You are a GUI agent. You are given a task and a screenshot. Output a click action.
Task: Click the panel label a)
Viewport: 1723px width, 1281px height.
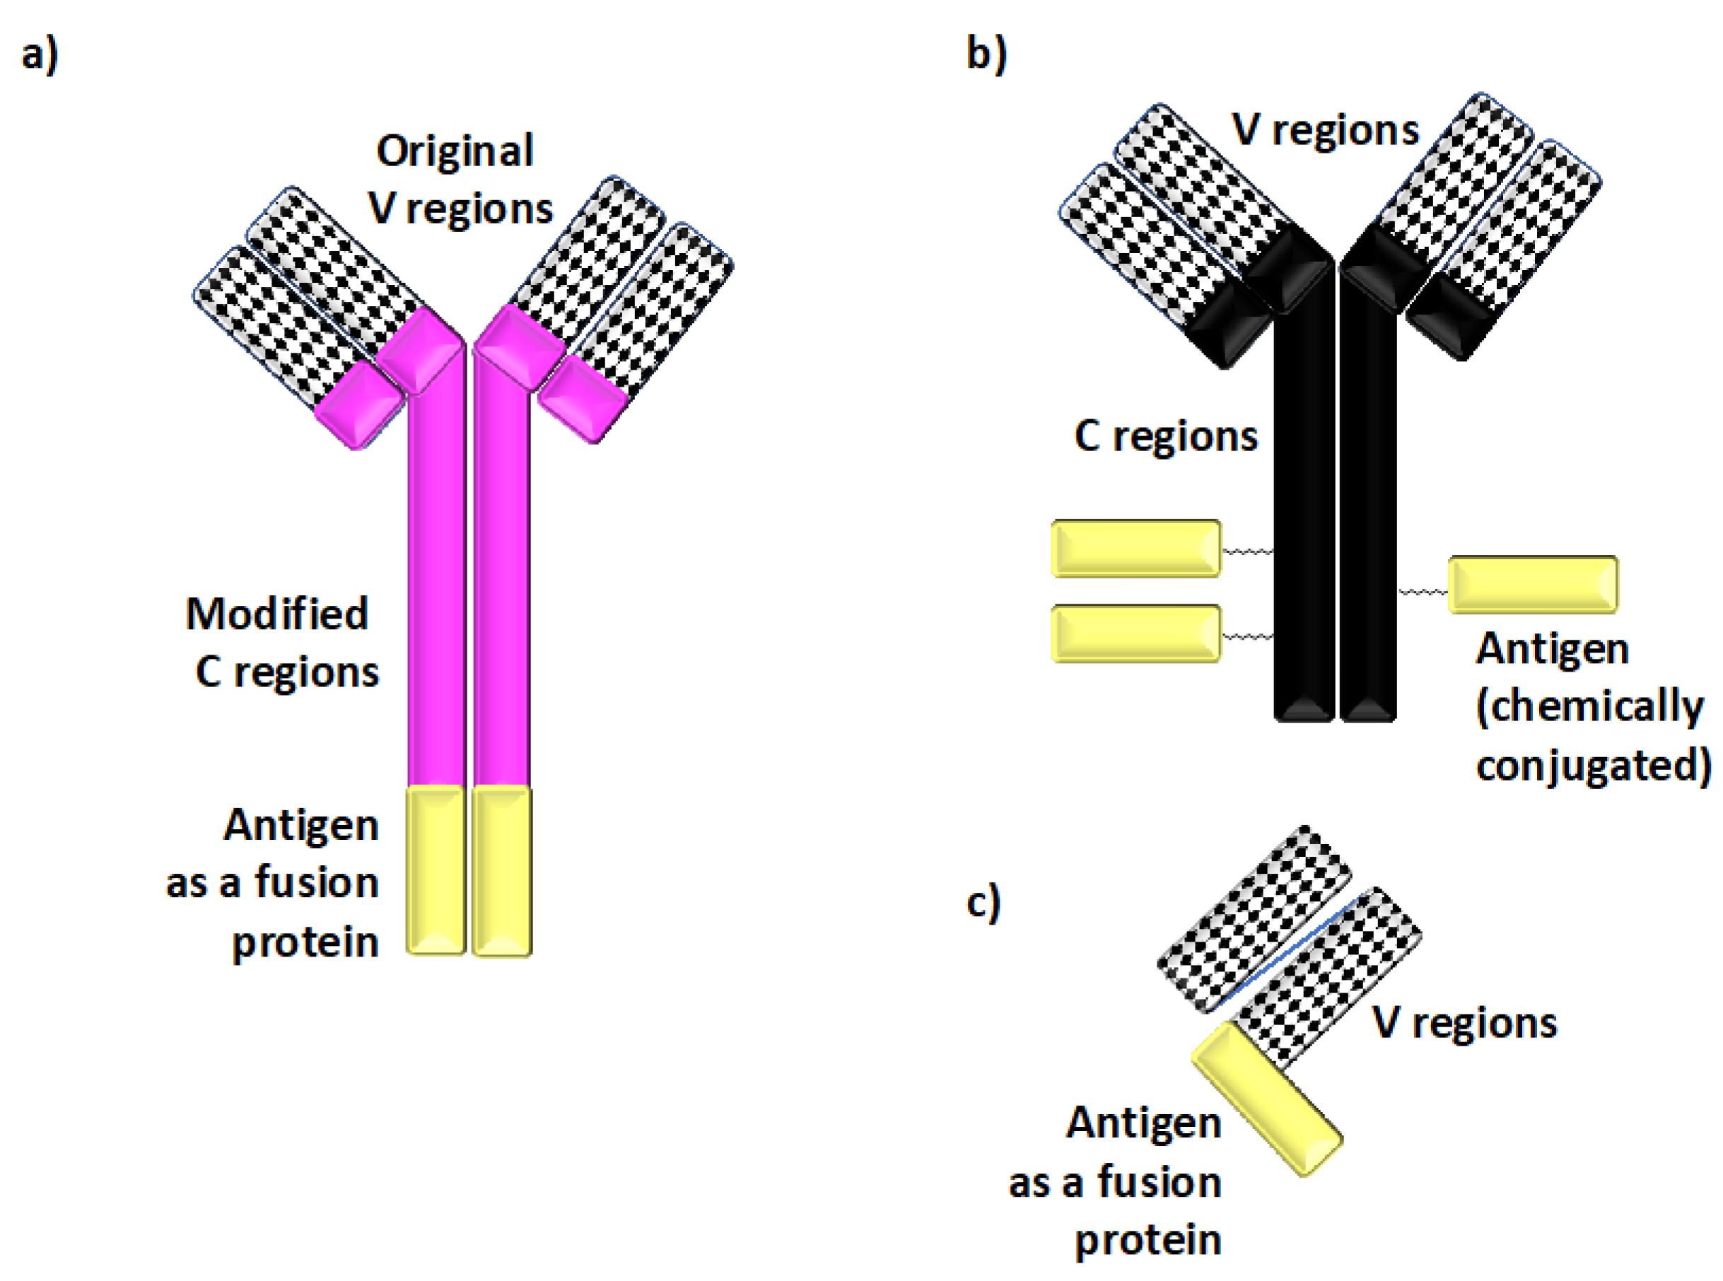pyautogui.click(x=40, y=56)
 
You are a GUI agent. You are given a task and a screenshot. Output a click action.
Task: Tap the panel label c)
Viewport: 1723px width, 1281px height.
pyautogui.click(x=983, y=903)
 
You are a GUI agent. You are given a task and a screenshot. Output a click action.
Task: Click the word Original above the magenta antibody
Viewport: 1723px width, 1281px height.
pyautogui.click(x=455, y=151)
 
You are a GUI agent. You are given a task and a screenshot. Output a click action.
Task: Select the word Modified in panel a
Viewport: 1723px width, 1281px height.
pyautogui.click(x=277, y=614)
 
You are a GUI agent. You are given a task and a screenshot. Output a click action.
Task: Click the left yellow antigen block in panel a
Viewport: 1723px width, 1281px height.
pyautogui.click(x=436, y=870)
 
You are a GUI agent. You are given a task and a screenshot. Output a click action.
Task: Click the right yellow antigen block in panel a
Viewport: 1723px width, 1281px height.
pyautogui.click(x=502, y=870)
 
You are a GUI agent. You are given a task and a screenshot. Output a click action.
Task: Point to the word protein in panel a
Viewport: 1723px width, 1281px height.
pyautogui.click(x=305, y=943)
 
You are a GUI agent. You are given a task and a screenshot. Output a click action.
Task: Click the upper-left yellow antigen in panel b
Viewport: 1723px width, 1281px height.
pyautogui.click(x=1135, y=548)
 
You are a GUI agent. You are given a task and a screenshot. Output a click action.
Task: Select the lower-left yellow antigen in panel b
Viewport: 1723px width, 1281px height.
pyautogui.click(x=1135, y=633)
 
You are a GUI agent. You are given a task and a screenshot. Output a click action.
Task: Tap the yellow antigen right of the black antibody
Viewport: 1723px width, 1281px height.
pyautogui.click(x=1532, y=584)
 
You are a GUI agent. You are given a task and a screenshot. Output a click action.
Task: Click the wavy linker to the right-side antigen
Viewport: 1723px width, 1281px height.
pyautogui.click(x=1423, y=592)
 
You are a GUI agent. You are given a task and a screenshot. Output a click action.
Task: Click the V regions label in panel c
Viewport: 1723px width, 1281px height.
pyautogui.click(x=1464, y=1022)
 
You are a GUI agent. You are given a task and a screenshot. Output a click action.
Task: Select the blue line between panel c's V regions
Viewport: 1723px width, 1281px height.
pyautogui.click(x=1295, y=949)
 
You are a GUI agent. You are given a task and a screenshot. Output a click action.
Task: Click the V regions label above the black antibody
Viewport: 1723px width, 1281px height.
pyautogui.click(x=1325, y=129)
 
